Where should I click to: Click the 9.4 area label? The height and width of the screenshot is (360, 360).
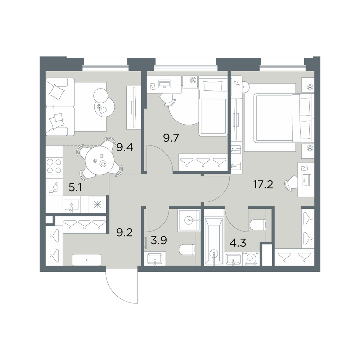[125, 147]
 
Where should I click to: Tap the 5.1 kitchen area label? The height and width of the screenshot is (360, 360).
[75, 188]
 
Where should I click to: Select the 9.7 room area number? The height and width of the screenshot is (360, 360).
[171, 138]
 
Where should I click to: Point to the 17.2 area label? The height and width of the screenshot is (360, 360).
[263, 184]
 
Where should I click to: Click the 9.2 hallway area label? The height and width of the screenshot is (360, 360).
[125, 233]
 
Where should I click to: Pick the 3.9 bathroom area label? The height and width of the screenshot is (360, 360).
[159, 240]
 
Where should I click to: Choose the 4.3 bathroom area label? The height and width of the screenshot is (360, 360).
[238, 243]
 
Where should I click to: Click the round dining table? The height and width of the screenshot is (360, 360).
[100, 161]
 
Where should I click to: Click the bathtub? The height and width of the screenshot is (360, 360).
[214, 241]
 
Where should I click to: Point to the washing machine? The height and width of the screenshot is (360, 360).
[251, 259]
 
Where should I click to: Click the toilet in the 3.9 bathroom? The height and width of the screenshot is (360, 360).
[186, 249]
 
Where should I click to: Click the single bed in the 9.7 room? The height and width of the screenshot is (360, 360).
[213, 106]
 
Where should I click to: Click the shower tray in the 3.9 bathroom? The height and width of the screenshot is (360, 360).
[189, 220]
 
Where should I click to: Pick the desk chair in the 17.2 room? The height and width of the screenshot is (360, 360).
[291, 183]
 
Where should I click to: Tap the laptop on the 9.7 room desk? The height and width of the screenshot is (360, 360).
[164, 84]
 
